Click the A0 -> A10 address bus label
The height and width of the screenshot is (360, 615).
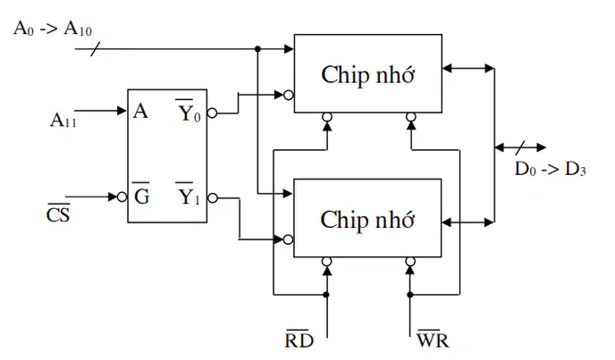pyautogui.click(x=53, y=29)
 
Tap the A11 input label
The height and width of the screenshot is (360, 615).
pyautogui.click(x=63, y=120)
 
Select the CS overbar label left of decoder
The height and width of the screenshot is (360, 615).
pyautogui.click(x=58, y=213)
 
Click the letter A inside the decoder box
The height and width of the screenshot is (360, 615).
pyautogui.click(x=141, y=111)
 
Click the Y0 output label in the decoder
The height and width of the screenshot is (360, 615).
pyautogui.click(x=188, y=112)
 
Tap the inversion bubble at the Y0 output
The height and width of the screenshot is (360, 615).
pyautogui.click(x=212, y=113)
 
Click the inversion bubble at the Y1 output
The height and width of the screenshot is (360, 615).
pyautogui.click(x=212, y=198)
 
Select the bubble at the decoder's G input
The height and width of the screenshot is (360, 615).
pyautogui.click(x=122, y=197)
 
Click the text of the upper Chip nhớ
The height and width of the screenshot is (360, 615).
pyautogui.click(x=367, y=75)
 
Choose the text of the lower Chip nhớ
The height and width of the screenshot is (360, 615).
pyautogui.click(x=367, y=220)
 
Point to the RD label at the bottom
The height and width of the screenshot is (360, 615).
pyautogui.click(x=299, y=339)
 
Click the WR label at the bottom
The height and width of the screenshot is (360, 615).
pyautogui.click(x=433, y=339)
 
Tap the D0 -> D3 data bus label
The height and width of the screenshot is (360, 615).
pyautogui.click(x=551, y=169)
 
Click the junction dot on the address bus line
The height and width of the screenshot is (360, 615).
pyautogui.click(x=257, y=49)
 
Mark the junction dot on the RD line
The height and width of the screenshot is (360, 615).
pyautogui.click(x=326, y=295)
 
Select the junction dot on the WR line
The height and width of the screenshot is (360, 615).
pyautogui.click(x=410, y=295)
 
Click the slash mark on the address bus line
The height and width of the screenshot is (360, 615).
pyautogui.click(x=96, y=49)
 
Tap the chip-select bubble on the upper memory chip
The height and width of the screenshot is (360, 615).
pyautogui.click(x=288, y=95)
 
